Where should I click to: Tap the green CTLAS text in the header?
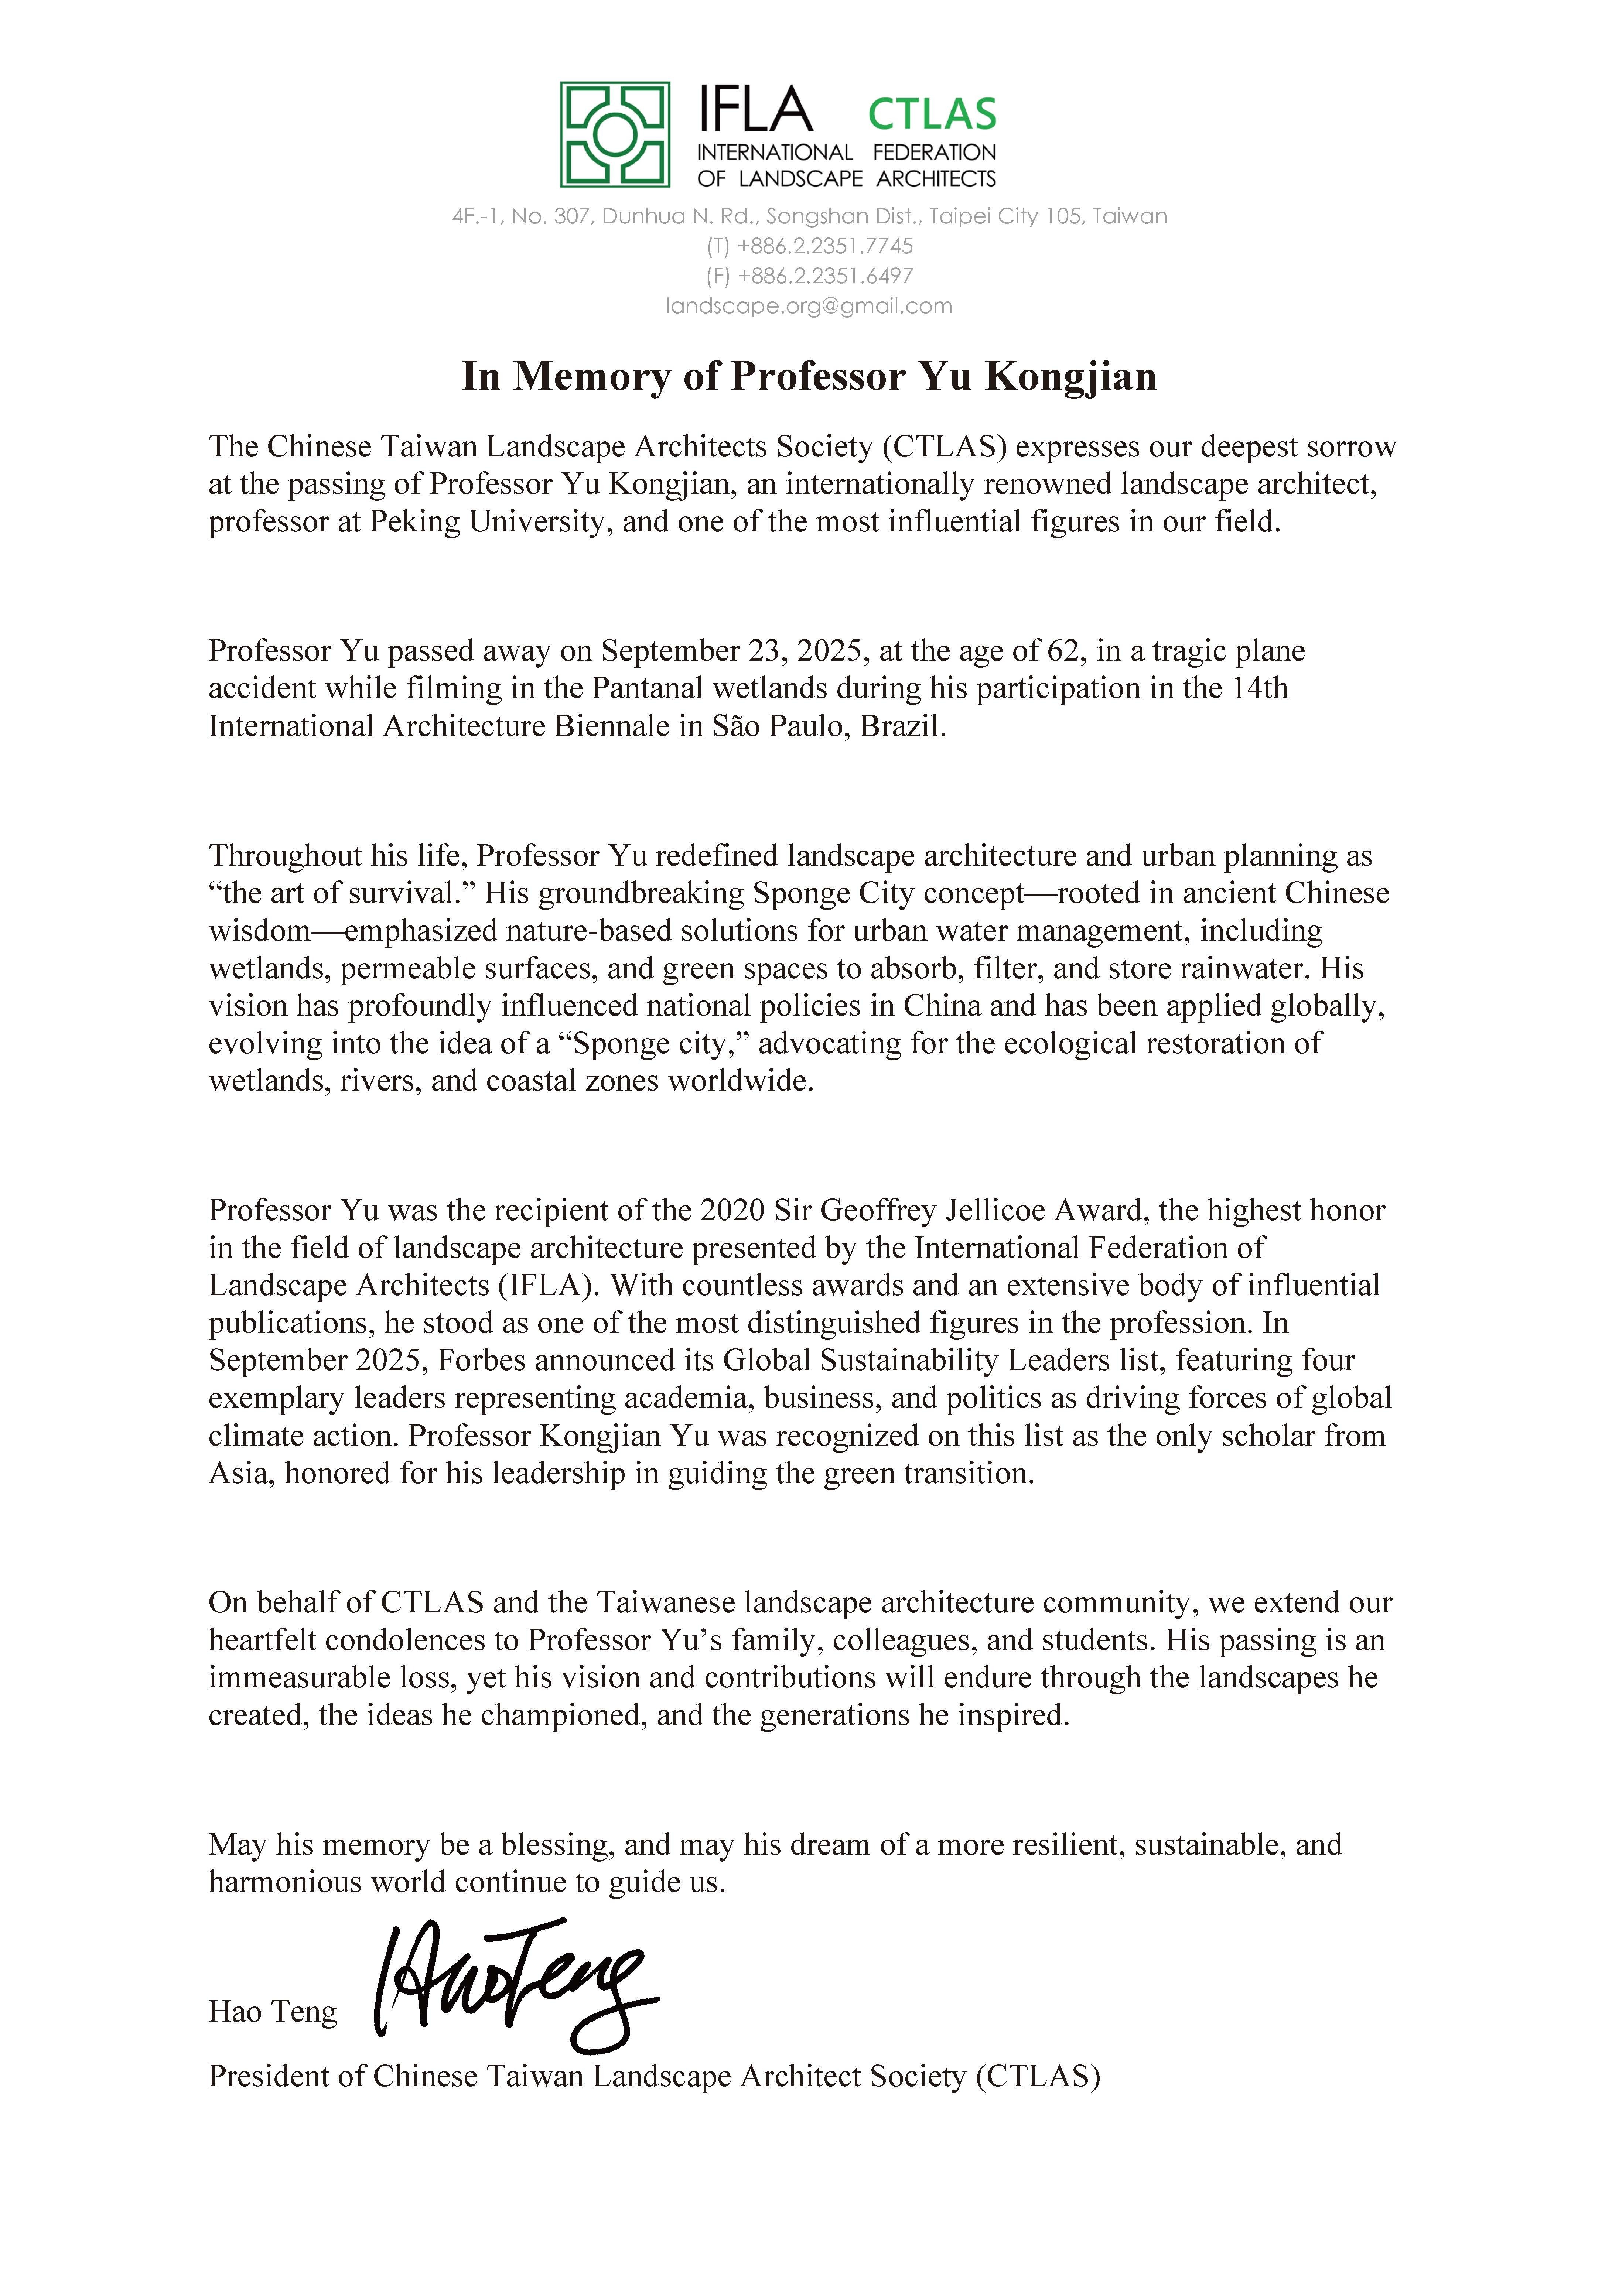tap(932, 114)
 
